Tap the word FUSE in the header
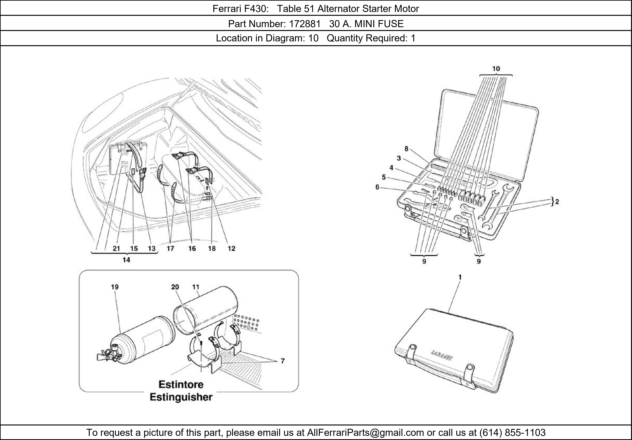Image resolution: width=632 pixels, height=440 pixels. click(x=391, y=24)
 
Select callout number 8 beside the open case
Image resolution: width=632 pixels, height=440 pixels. click(x=406, y=149)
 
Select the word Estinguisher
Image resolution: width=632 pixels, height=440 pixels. click(x=181, y=397)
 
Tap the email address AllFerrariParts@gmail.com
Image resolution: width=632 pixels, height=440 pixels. click(x=365, y=433)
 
